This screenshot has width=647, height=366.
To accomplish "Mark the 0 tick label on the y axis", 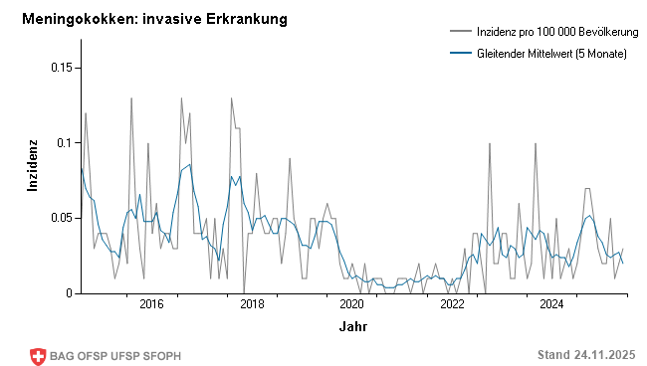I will point(70,293).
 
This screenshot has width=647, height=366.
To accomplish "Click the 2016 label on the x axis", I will point(151,304).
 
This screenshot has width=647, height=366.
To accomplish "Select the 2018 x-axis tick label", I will point(252,304).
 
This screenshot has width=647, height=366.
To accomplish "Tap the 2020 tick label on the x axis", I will point(352,304).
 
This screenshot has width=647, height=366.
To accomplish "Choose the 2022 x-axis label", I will point(453,304).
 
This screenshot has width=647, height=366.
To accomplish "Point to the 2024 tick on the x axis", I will point(553,304).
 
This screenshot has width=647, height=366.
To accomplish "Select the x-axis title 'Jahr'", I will point(352,326).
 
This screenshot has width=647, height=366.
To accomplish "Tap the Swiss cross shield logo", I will point(39,355).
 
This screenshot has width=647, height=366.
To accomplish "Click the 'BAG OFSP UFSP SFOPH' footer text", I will point(115,355).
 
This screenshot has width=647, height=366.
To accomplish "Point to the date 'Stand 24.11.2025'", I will point(585,355).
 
